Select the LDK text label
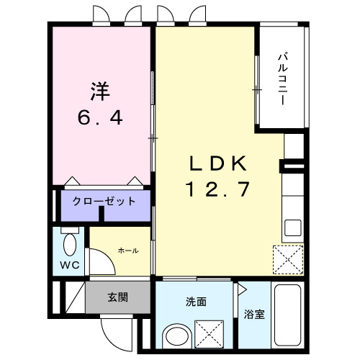pos(218,163)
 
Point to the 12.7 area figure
pos(218,189)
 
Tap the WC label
pos(68,264)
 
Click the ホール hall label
pos(127,250)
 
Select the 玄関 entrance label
pos(119,297)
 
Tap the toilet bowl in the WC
pos(70,245)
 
